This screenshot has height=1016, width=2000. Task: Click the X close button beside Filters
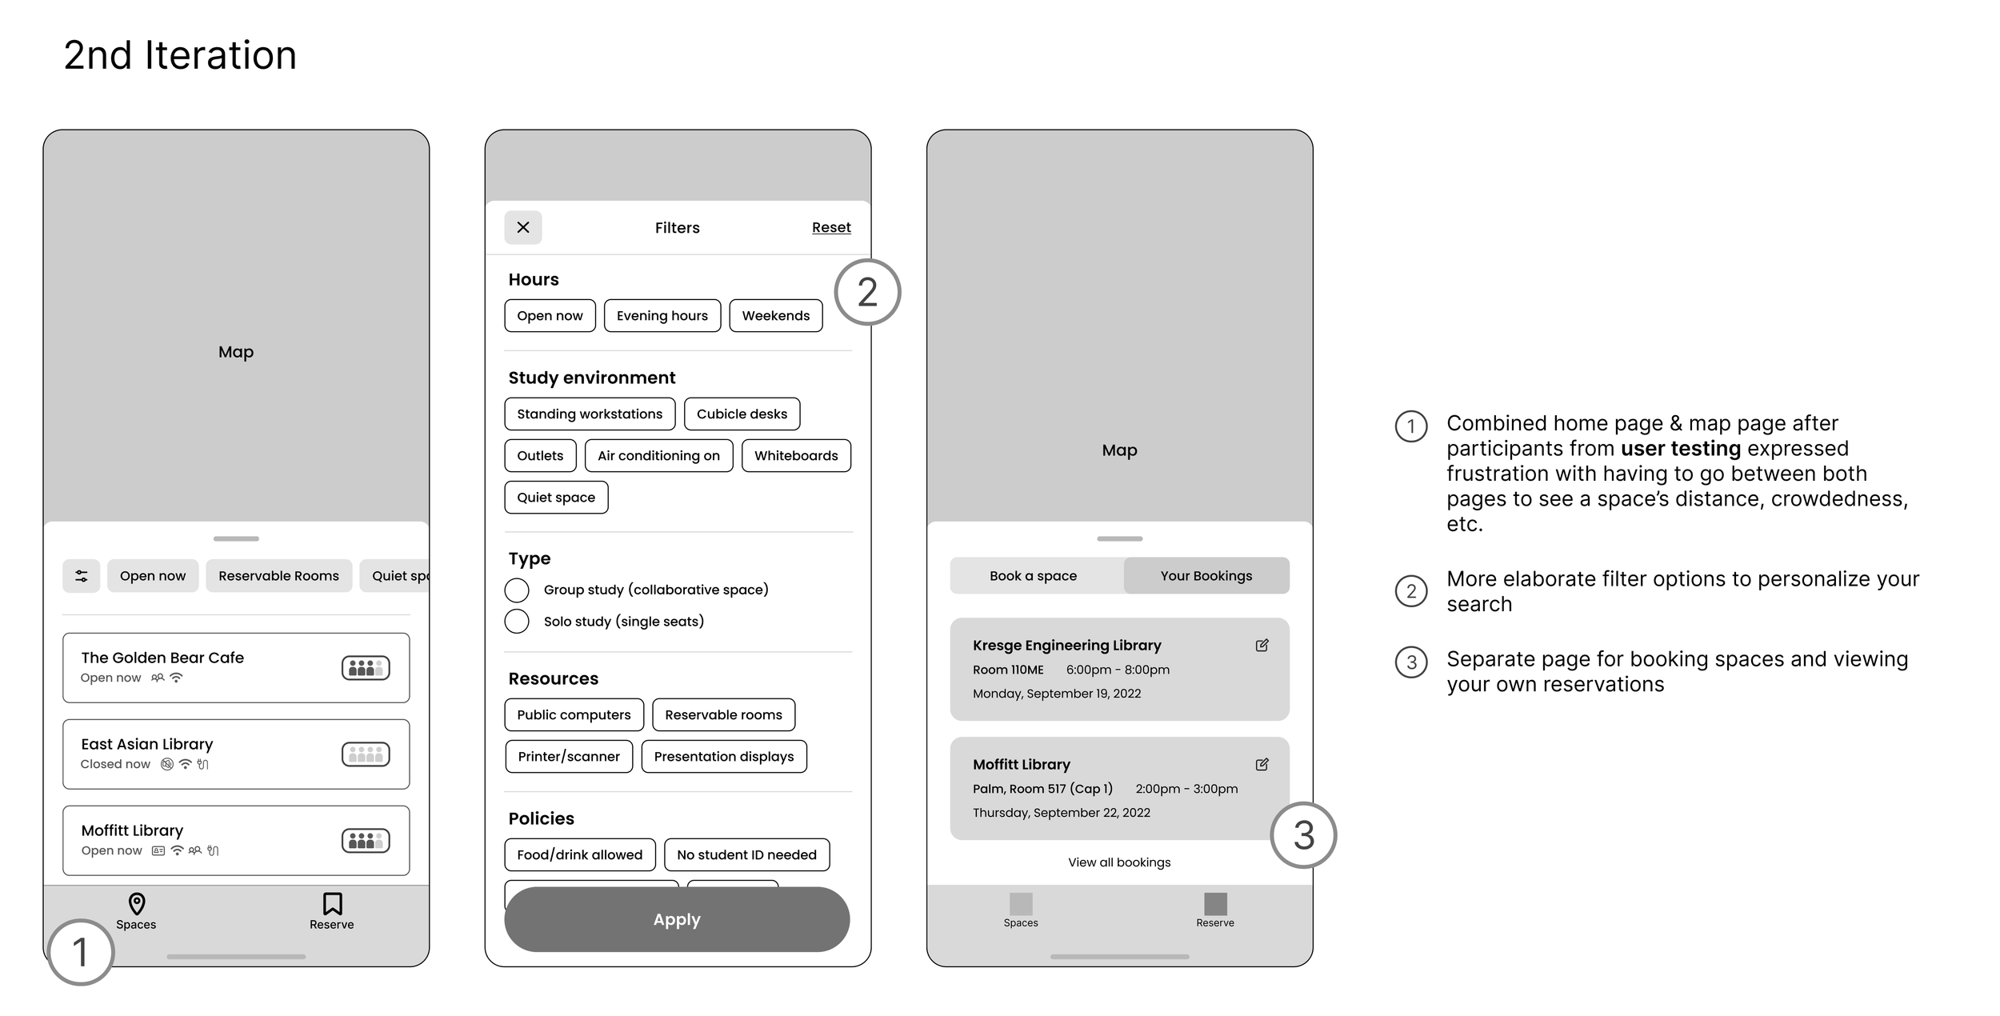coord(523,228)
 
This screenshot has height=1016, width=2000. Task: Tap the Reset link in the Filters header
coord(831,228)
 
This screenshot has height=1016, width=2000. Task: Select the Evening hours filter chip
coord(662,316)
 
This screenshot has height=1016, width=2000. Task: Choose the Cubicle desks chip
coord(742,414)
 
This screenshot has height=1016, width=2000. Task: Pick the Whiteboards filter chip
coord(796,456)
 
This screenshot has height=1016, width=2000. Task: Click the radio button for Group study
coord(517,590)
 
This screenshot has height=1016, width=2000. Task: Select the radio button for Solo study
coord(517,622)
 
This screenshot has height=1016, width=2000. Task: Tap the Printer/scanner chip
coord(569,757)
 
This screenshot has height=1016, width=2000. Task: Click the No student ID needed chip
coord(746,855)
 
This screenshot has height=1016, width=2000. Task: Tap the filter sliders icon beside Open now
coord(82,576)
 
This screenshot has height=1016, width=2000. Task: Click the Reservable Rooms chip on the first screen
coord(278,576)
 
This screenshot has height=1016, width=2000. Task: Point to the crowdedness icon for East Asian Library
coord(366,754)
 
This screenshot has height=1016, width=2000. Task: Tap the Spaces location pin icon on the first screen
coord(137,904)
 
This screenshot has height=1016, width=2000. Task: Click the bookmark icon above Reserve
coord(332,904)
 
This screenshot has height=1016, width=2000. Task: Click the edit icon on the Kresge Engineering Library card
coord(1262,646)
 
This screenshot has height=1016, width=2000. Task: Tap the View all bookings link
coord(1119,862)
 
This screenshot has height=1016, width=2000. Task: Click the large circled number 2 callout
coord(867,293)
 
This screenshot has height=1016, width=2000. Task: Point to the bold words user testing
coord(1681,449)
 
